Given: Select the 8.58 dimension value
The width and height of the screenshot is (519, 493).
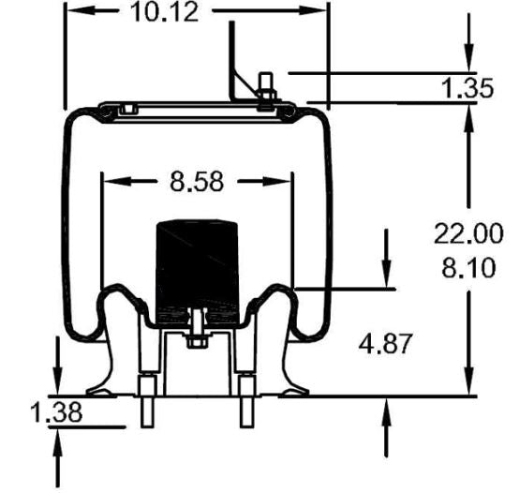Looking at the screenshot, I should [198, 181].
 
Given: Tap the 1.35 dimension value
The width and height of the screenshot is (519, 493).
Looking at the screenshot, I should [467, 89].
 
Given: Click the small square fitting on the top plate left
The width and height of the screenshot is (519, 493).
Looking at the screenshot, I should [126, 110].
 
